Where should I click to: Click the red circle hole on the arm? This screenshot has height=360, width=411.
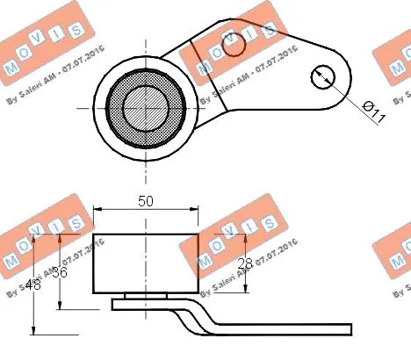[233, 44]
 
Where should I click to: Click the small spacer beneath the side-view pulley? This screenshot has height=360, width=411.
[145, 296]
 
